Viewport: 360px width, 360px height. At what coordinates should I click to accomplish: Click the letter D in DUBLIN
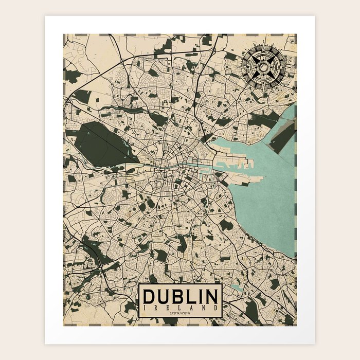[150, 297]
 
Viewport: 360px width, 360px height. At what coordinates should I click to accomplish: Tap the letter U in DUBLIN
[164, 297]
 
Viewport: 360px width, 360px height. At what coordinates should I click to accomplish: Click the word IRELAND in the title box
[181, 307]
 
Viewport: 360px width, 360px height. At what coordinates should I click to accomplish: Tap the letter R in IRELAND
[156, 307]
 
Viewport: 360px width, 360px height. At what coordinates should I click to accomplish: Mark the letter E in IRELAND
[168, 307]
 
